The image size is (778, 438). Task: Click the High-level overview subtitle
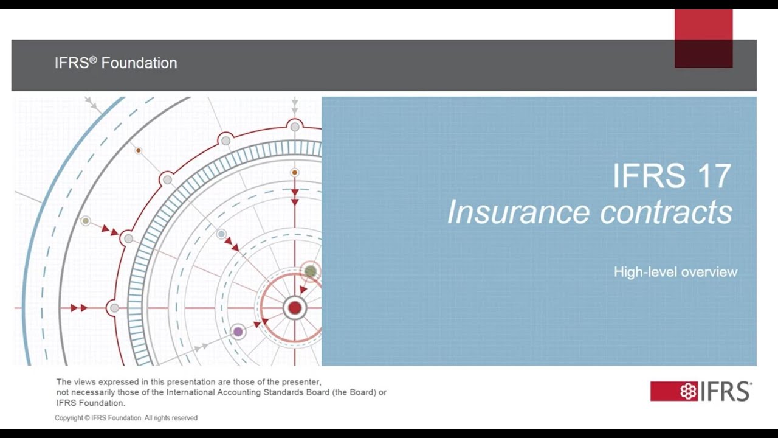[x=675, y=272]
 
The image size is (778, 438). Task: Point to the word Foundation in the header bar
[x=139, y=63]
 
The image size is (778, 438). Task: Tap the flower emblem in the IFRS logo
[x=688, y=391]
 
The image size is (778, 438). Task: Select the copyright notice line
[x=126, y=418]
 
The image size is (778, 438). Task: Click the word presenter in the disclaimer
[x=300, y=382]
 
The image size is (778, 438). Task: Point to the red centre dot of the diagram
[x=295, y=308]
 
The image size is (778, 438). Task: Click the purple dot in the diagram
[x=238, y=332]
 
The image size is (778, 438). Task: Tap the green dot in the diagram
[x=311, y=271]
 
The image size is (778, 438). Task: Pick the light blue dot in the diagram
[x=222, y=234]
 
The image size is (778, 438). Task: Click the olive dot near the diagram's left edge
[x=86, y=221]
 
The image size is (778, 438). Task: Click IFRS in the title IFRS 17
[x=641, y=176]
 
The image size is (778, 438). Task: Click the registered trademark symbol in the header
[x=93, y=59]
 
